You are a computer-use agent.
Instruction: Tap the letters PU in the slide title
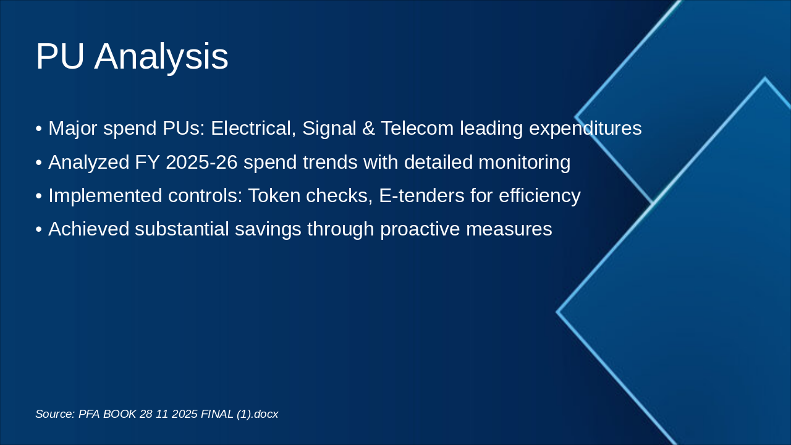60,56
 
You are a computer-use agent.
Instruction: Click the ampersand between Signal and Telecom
368,128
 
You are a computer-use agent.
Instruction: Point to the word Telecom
417,128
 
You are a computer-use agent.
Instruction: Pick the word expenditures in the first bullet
585,129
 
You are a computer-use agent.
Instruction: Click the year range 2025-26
201,162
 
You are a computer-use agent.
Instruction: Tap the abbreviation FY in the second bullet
147,162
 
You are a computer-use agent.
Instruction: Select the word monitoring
525,163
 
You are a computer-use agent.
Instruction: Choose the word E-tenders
421,195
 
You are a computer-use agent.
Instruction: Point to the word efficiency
539,196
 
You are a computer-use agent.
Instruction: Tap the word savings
268,229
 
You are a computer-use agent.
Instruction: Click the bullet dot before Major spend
39,129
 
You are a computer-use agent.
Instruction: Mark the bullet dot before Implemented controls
39,196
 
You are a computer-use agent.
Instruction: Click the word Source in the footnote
56,413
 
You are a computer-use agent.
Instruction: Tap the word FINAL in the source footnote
217,413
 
